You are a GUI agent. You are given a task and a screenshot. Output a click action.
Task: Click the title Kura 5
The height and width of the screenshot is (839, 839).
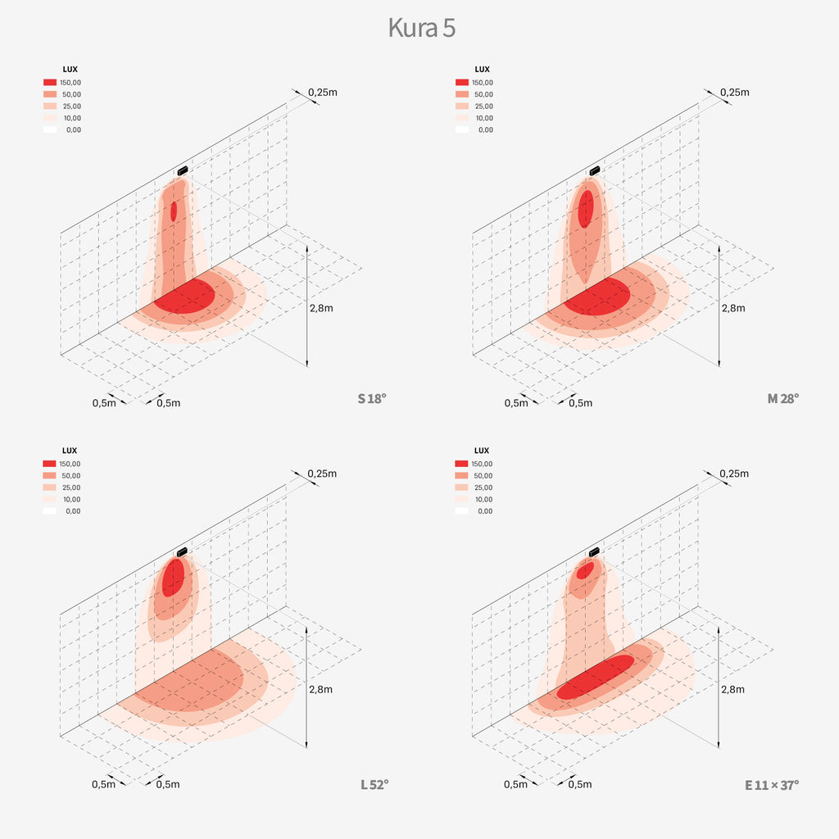click(x=421, y=28)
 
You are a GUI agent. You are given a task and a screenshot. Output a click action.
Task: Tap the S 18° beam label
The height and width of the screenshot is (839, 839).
click(x=371, y=399)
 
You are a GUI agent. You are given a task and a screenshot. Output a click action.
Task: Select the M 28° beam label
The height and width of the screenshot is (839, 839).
click(x=782, y=399)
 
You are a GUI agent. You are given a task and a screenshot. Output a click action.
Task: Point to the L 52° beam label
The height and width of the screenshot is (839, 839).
click(x=374, y=784)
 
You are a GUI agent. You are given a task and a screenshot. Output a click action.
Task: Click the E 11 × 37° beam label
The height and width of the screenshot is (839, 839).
click(x=771, y=784)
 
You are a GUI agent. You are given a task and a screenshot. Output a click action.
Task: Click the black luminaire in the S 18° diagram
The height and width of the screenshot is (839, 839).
click(x=182, y=170)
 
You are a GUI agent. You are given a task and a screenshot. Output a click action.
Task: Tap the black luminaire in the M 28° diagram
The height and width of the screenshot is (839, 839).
click(x=594, y=170)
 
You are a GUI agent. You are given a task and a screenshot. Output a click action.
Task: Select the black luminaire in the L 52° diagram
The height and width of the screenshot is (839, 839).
click(x=182, y=552)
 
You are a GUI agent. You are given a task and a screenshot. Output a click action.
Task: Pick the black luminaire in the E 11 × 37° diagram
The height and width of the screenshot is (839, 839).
click(x=594, y=552)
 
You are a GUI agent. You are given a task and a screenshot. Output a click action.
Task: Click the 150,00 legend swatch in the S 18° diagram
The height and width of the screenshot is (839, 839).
click(x=50, y=83)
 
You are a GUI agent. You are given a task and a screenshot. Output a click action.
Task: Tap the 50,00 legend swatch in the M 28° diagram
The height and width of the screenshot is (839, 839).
click(x=461, y=94)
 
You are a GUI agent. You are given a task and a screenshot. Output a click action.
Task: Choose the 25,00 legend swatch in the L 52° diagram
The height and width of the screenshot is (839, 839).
click(x=50, y=488)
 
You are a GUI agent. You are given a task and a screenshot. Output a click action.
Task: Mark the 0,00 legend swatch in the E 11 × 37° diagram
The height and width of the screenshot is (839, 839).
click(x=461, y=511)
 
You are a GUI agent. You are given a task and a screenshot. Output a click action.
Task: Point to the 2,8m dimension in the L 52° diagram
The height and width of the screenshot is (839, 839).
click(x=322, y=689)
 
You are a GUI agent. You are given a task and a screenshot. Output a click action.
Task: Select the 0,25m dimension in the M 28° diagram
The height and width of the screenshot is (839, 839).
click(x=734, y=92)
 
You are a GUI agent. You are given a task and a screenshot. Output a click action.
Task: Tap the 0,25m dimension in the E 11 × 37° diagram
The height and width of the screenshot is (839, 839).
click(x=734, y=474)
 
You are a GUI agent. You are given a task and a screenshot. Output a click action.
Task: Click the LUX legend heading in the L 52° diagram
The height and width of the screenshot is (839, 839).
click(x=70, y=451)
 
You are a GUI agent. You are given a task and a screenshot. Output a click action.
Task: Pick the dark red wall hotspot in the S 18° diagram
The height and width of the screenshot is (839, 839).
click(x=174, y=211)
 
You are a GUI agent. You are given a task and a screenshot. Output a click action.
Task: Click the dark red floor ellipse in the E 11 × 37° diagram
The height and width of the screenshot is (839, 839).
click(x=596, y=677)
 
